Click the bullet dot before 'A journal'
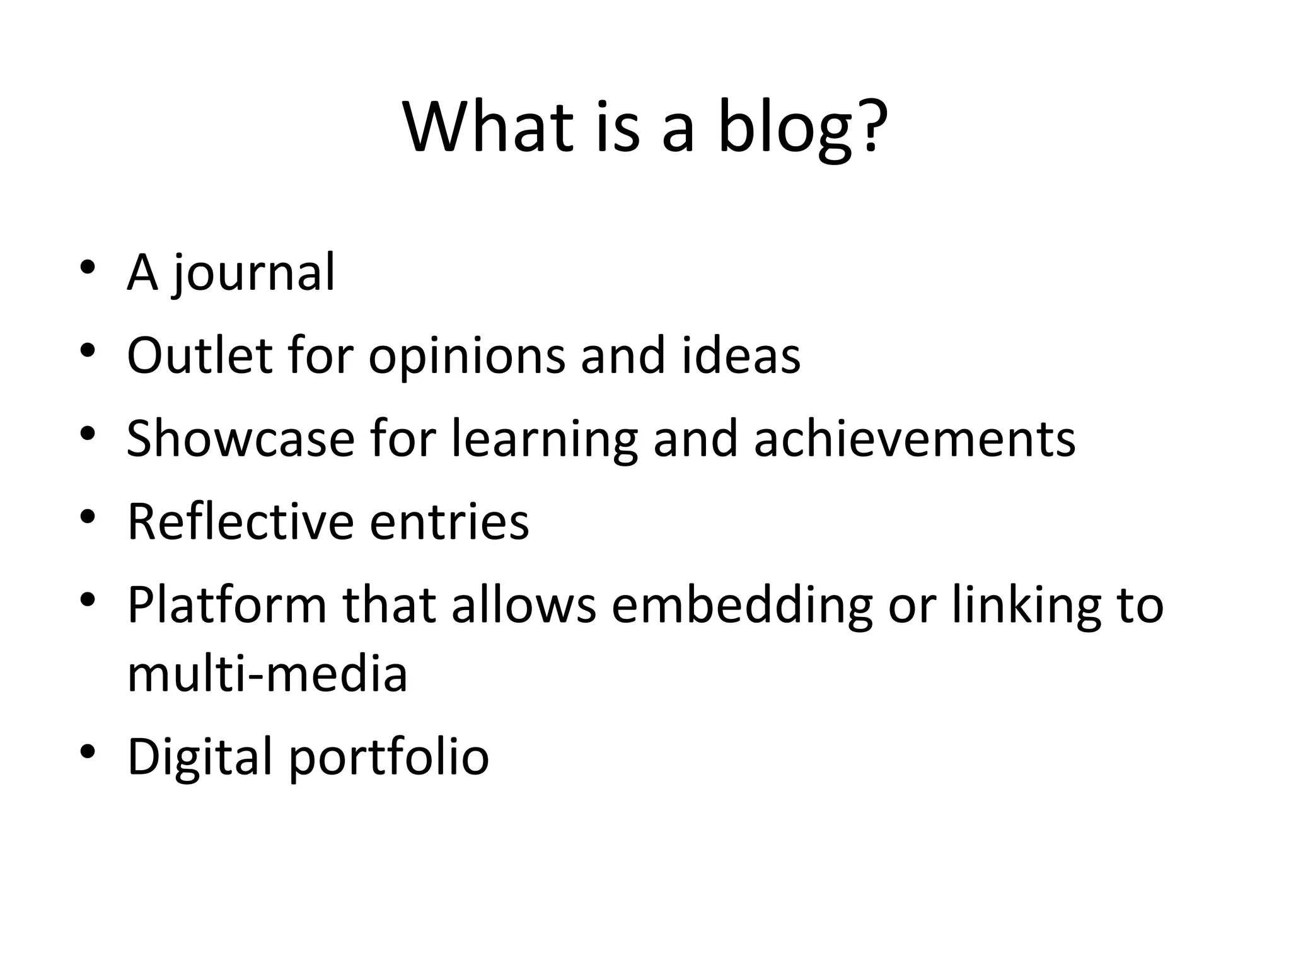tap(88, 267)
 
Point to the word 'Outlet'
tap(199, 355)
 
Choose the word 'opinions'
tap(466, 357)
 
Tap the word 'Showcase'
tap(241, 439)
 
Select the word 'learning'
tap(544, 440)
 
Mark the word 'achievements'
tap(915, 439)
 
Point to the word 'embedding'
tap(742, 606)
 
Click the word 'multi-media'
tap(267, 674)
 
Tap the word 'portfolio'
tap(388, 758)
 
